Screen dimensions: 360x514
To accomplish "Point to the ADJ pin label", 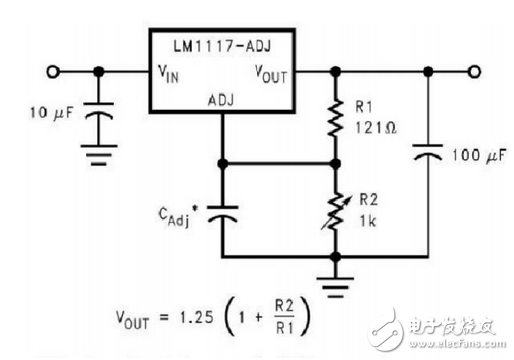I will pyautogui.click(x=221, y=100).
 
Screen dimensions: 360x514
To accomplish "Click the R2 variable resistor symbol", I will pyautogui.click(x=337, y=210).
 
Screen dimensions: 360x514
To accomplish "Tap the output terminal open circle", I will pyautogui.click(x=476, y=72).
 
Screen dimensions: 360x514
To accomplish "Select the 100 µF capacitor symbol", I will pyautogui.click(x=428, y=157).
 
